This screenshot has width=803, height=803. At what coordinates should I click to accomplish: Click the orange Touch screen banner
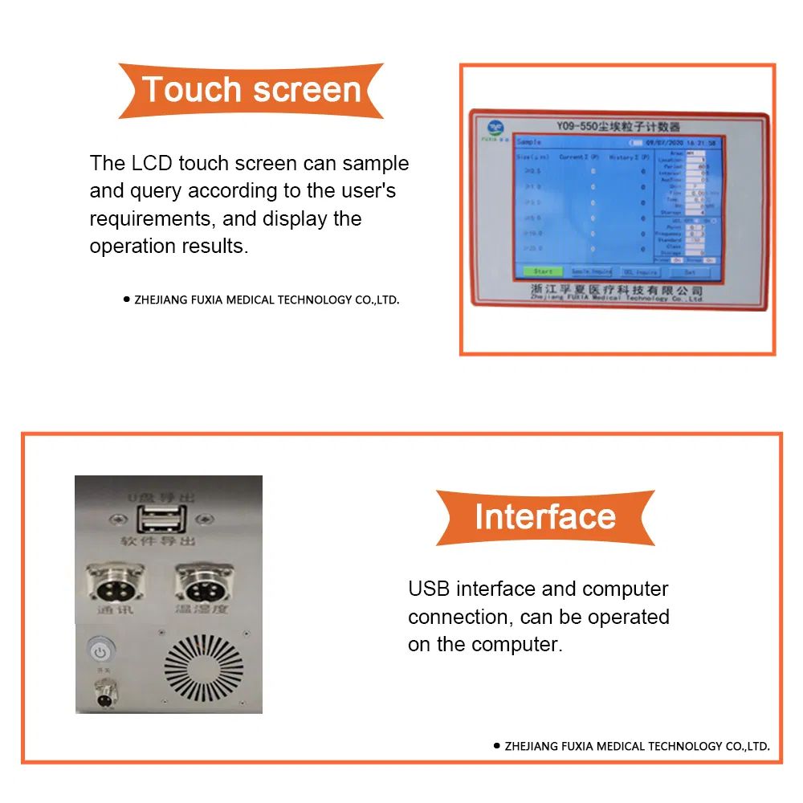(251, 90)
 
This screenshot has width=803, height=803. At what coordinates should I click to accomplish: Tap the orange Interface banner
(544, 516)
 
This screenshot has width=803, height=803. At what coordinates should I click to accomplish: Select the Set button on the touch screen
(689, 272)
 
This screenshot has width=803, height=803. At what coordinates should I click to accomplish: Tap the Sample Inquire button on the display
(591, 272)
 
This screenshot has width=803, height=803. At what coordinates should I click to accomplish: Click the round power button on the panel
(99, 648)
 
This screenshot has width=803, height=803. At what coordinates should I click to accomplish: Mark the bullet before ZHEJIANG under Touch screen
(126, 300)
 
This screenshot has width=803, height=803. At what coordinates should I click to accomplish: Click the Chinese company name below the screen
(617, 287)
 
